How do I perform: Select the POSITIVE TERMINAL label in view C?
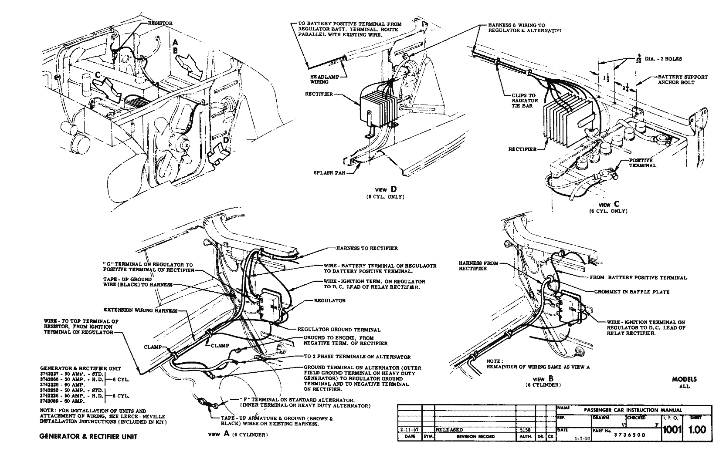pos(643,163)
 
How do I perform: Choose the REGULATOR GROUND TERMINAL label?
pos(339,330)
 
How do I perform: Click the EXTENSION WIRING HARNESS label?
pos(140,310)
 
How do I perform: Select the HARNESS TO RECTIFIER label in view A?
pos(366,248)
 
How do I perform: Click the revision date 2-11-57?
pos(409,429)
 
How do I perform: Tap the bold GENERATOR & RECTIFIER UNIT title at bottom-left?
pos(88,436)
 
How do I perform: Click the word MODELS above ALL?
pos(684,379)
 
